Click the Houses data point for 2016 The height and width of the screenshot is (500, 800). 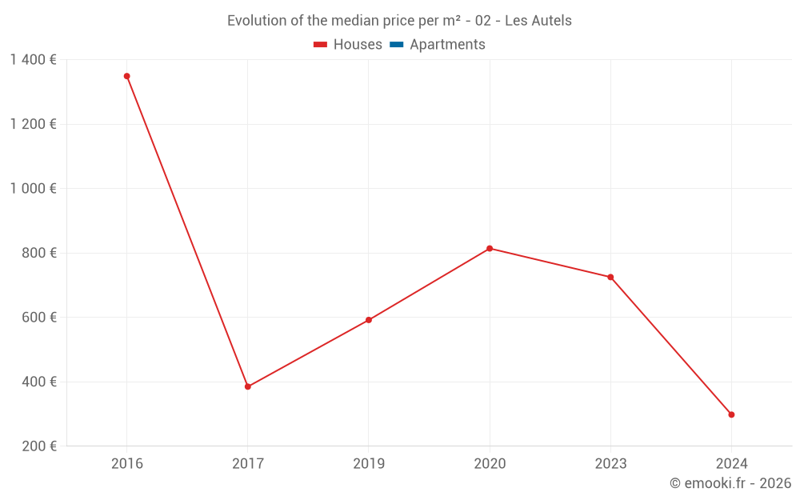(x=126, y=76)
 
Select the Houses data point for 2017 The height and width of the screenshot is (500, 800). (x=248, y=386)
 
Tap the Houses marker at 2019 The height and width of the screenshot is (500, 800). (x=369, y=320)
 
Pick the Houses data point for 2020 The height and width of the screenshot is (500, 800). (x=490, y=248)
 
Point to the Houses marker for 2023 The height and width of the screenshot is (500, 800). (x=610, y=277)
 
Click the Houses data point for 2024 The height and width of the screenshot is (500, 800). (x=731, y=414)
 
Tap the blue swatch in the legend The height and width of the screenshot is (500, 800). (x=396, y=45)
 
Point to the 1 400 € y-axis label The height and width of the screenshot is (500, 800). (x=33, y=60)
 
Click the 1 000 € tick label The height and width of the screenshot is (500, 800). (x=33, y=189)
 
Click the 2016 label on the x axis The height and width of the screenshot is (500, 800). (x=126, y=463)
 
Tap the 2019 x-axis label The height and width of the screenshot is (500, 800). (x=369, y=463)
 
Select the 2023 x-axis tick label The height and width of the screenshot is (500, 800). (x=610, y=463)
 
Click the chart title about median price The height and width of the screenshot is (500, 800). (x=399, y=21)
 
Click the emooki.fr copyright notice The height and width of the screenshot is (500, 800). (x=730, y=483)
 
